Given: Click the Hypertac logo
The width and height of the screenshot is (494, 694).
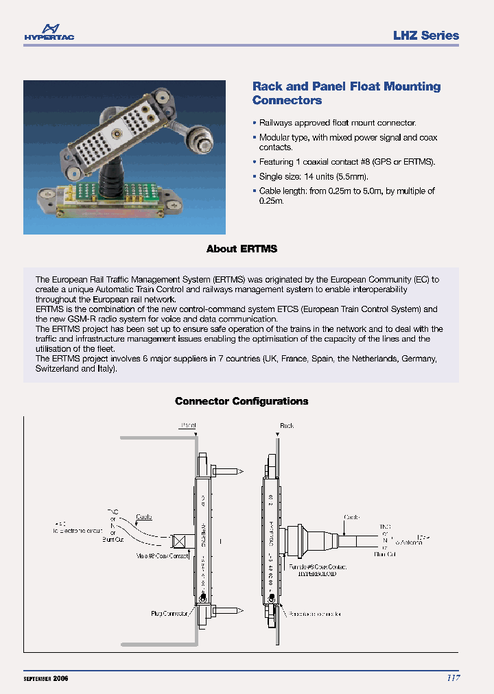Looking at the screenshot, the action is point(49,32).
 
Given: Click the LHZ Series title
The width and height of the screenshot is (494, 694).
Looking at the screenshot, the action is point(425,36).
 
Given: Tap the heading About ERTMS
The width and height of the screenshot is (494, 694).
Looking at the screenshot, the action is point(242,249).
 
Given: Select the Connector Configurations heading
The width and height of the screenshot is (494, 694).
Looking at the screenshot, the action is point(242,401).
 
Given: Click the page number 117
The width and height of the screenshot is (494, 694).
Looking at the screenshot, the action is point(453,678).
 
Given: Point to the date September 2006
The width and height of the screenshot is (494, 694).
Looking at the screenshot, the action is point(46,678).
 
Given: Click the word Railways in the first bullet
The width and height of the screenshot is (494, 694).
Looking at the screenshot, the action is point(276,123).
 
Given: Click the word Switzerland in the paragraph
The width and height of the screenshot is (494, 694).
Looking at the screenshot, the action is point(57,368).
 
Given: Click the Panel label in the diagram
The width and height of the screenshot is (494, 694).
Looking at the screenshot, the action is point(188,426).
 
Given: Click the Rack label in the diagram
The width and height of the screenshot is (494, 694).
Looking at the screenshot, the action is point(287,426).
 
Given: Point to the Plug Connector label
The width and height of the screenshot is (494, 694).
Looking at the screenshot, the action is point(169,614).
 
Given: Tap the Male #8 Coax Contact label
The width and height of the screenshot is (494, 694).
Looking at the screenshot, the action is point(163,556).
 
